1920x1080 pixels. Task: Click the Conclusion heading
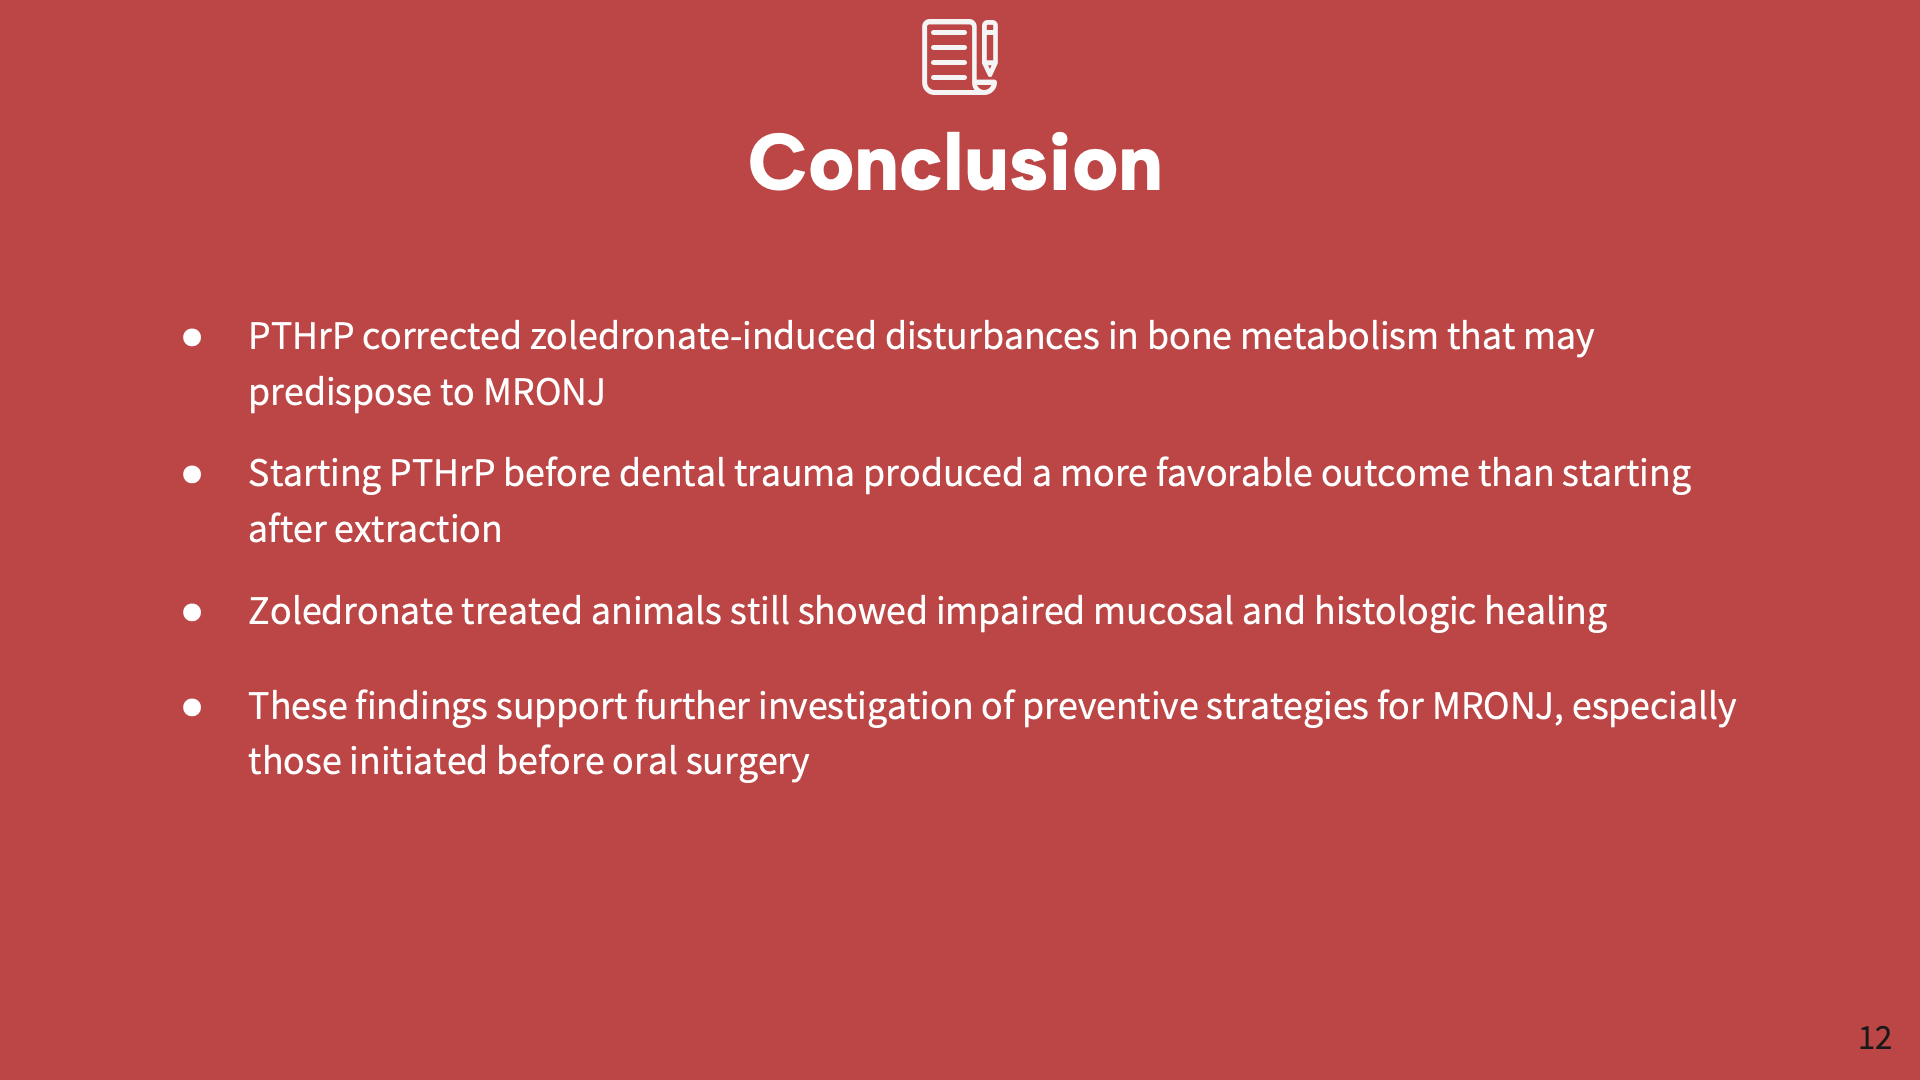click(955, 163)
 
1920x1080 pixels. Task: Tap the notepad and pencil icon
click(959, 57)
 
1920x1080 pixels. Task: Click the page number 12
click(1874, 1038)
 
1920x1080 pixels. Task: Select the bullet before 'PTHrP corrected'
click(192, 337)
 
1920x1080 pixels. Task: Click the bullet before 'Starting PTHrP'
click(192, 474)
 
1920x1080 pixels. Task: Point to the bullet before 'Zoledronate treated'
click(192, 612)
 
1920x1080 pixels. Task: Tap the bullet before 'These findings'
click(192, 707)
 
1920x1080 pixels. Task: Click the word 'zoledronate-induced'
click(702, 336)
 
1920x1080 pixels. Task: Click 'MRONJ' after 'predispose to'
click(544, 392)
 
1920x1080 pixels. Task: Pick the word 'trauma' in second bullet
click(794, 473)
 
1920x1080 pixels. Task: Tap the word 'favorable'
click(1233, 473)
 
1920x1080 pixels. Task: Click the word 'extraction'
click(417, 529)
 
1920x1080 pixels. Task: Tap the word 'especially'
click(1653, 706)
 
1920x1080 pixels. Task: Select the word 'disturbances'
click(992, 336)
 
